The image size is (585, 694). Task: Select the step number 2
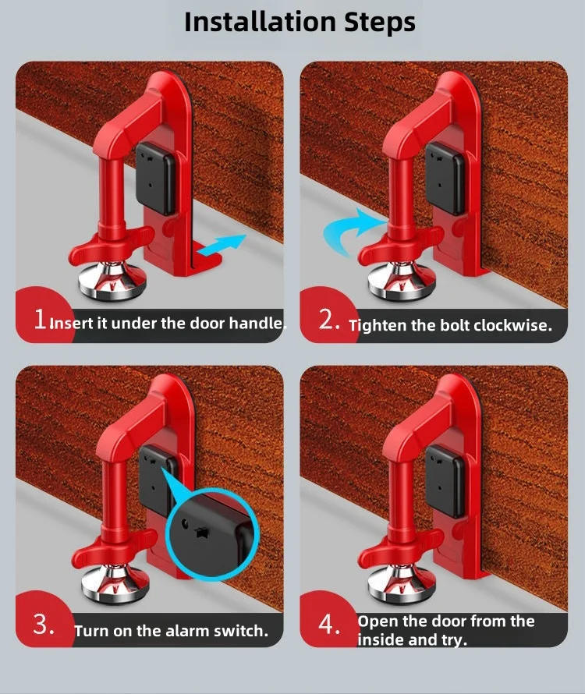pos(327,320)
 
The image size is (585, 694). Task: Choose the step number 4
pos(328,625)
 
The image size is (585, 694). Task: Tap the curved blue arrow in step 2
pos(345,230)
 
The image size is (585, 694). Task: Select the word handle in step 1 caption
pos(257,322)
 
